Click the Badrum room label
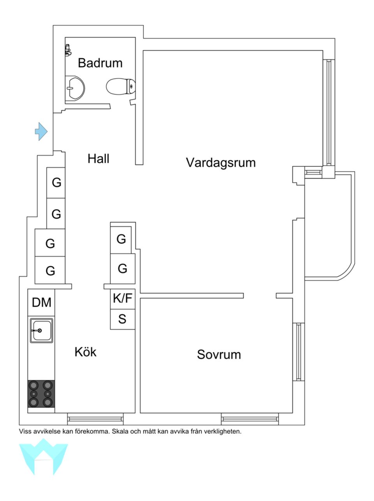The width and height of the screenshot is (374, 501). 100,63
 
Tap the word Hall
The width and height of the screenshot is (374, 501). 98,159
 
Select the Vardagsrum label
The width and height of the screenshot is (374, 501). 221,162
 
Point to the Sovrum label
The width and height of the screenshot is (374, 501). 219,355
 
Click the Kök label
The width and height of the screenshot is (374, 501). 85,352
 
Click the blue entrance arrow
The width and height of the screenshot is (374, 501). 41,131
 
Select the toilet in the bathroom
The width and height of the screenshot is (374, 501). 121,86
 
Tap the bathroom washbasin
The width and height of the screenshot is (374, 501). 75,88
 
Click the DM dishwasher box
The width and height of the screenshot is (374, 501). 41,302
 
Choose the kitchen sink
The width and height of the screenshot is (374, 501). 41,330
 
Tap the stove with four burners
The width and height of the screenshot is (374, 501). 41,394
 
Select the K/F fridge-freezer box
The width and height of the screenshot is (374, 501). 122,299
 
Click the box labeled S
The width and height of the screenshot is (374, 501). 122,319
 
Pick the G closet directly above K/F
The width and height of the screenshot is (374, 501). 122,268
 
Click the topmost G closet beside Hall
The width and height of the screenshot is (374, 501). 56,182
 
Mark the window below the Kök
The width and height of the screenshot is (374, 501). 95,419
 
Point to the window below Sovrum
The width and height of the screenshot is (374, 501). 250,419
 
